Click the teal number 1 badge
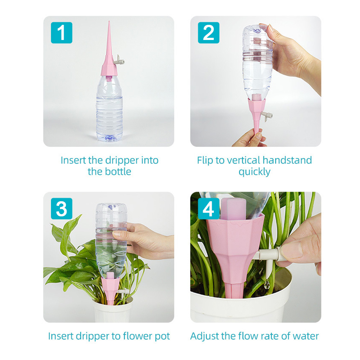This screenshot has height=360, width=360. (62, 33)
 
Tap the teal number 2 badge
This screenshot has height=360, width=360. (208, 33)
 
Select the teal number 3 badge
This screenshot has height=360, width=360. (62, 208)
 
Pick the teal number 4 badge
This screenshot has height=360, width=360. (208, 208)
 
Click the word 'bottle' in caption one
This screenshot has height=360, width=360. (118, 171)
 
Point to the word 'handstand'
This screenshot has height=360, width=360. (287, 160)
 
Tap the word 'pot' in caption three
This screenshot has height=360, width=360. (162, 336)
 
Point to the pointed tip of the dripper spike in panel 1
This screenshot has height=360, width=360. (109, 21)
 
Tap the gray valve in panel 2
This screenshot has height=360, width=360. (267, 116)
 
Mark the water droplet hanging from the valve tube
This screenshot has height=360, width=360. (267, 285)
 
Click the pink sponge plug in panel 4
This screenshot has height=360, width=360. (234, 209)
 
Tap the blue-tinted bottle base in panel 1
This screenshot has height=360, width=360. (109, 138)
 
